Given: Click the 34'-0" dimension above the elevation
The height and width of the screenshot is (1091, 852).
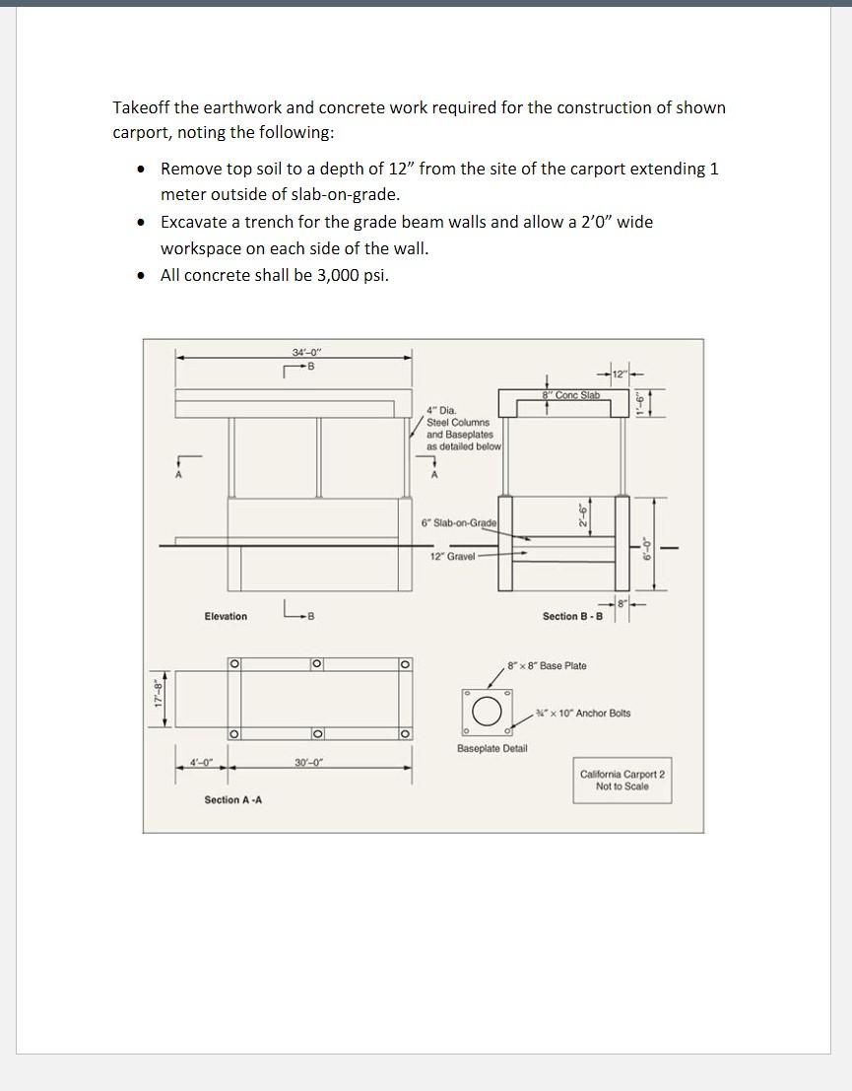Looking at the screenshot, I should pos(306,352).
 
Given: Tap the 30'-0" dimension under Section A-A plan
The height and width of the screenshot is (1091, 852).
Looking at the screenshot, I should pos(308,762).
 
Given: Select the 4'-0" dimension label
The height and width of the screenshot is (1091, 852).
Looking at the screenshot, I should pos(201,762).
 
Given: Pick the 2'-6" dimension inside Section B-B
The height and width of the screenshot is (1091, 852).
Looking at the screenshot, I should pos(582,514).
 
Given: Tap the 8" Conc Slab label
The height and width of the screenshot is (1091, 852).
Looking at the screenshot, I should pos(571,395).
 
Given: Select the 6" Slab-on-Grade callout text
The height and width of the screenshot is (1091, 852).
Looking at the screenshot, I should pos(459,522).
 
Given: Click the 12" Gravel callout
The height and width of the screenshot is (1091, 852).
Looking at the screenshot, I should pos(453,556).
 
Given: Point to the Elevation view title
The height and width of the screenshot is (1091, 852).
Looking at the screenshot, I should pos(226,617).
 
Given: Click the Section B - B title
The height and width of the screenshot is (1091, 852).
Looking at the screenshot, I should pos(572,617).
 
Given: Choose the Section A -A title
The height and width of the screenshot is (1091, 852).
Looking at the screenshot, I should pos(232,799).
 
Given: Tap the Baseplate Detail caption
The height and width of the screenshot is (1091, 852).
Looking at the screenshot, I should pos(492,749).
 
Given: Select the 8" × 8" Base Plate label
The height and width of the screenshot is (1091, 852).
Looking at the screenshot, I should pos(547,666).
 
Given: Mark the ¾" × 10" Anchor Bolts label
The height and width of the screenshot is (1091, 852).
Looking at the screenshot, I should pos(583,714).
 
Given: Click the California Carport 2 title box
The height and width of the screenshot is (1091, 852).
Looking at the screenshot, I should pos(623,780).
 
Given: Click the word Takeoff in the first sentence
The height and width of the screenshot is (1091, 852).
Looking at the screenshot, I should pos(143,107).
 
